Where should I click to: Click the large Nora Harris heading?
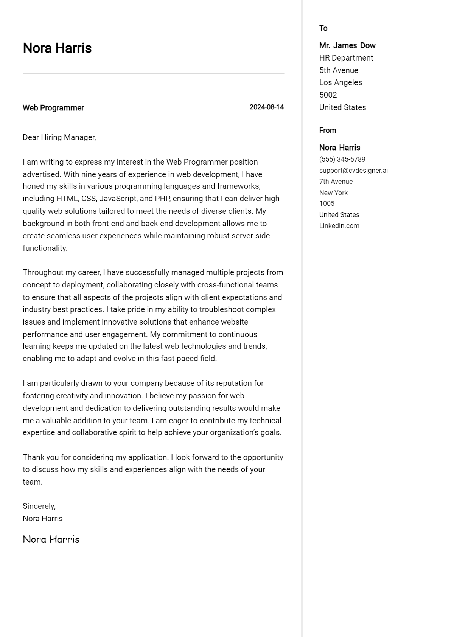click(57, 48)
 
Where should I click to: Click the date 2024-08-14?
click(266, 107)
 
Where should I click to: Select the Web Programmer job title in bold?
click(53, 108)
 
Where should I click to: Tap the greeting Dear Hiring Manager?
click(59, 137)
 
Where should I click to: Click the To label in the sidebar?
click(323, 28)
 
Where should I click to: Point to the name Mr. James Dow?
click(347, 45)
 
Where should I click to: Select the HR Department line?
click(346, 58)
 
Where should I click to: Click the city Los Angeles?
click(340, 82)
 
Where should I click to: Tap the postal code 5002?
click(328, 95)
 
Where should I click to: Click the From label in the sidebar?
click(327, 130)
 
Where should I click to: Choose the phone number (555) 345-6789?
click(342, 159)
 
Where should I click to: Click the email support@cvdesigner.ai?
click(353, 170)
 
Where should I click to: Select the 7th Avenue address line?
click(336, 182)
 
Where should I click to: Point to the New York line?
click(333, 193)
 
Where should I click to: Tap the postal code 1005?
click(327, 204)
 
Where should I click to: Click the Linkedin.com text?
click(339, 226)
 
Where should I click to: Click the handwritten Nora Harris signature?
click(51, 539)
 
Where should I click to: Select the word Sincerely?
click(39, 506)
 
